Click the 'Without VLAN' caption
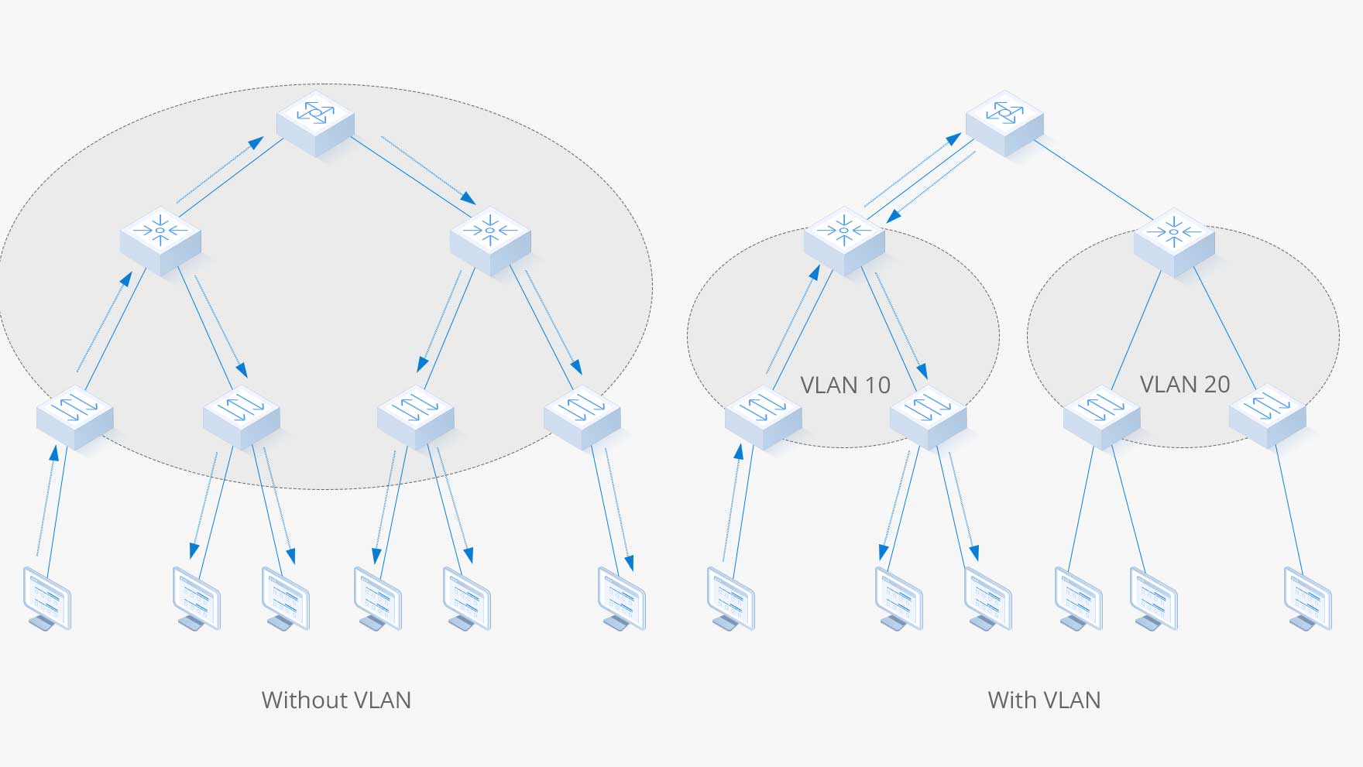point(336,700)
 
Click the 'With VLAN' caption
point(1044,700)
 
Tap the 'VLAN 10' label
point(845,385)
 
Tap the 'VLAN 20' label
point(1185,384)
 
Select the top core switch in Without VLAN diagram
point(316,122)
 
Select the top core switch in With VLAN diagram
point(1004,122)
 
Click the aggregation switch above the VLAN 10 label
point(844,240)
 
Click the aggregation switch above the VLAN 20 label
point(1174,241)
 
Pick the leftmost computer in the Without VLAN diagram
point(46,598)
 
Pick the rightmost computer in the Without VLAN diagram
point(621,598)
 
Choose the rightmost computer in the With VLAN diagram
point(1307,598)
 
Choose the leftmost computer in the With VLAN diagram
point(730,598)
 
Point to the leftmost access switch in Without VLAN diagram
point(75,416)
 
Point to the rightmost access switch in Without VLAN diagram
point(582,416)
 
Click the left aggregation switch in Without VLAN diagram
point(160,240)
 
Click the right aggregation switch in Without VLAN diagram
point(490,240)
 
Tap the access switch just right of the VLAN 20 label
point(1268,416)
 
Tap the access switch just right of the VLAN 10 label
point(929,416)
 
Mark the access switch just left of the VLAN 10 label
point(763,416)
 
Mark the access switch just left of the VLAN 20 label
point(1101,416)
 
